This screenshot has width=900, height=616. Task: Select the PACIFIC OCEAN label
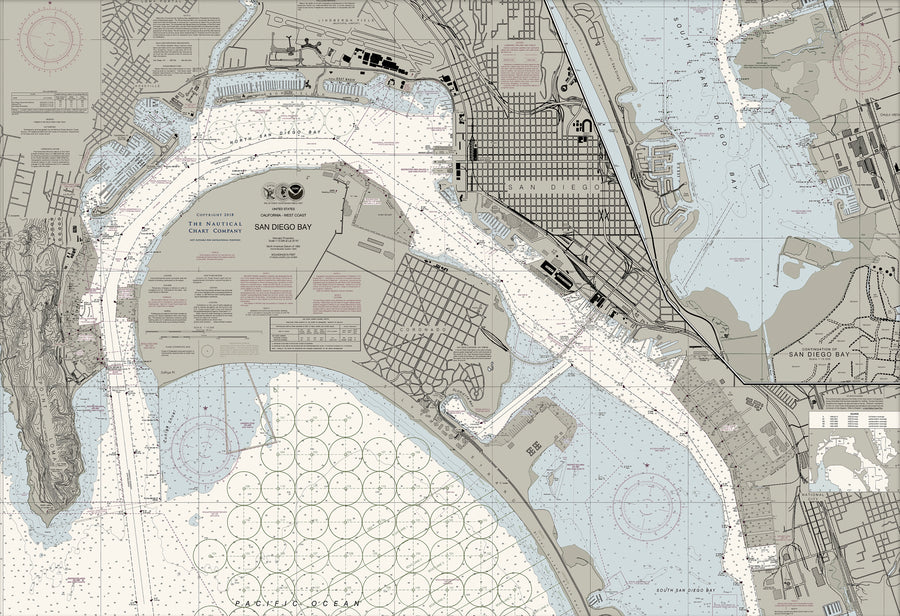click(296, 605)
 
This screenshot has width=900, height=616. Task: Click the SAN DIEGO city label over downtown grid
click(555, 187)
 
